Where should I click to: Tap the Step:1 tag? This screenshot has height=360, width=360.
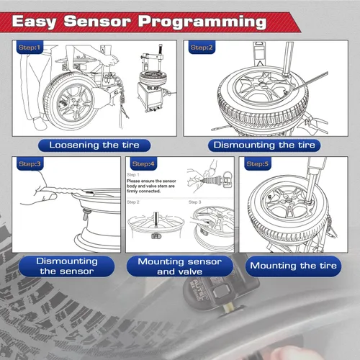click(30, 48)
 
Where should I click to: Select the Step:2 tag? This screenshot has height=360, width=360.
click(201, 48)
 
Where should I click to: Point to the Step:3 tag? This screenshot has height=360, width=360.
click(30, 164)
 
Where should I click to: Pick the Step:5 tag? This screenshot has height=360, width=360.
click(257, 164)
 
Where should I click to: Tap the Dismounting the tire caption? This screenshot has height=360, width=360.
click(264, 145)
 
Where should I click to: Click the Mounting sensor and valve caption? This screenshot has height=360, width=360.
click(179, 266)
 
